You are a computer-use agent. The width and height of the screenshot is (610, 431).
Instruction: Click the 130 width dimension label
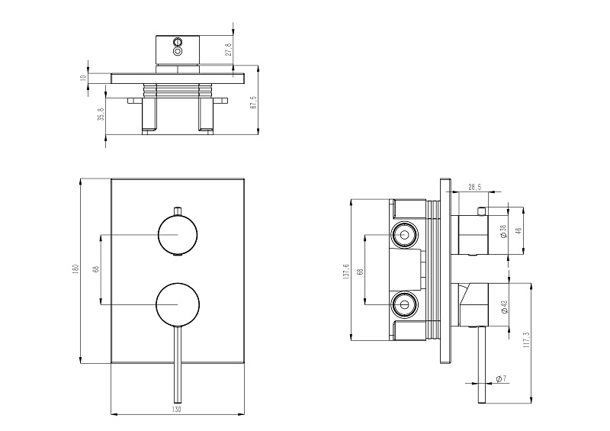(x=177, y=410)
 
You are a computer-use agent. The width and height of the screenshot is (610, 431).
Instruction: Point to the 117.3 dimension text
(x=527, y=339)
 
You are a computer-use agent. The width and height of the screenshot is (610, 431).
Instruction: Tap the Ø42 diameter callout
(x=505, y=307)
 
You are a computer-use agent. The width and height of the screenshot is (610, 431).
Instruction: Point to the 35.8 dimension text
(x=101, y=114)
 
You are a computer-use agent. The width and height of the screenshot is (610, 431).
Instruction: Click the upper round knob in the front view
(x=178, y=233)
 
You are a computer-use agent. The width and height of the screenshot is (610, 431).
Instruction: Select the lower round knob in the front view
(x=178, y=305)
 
